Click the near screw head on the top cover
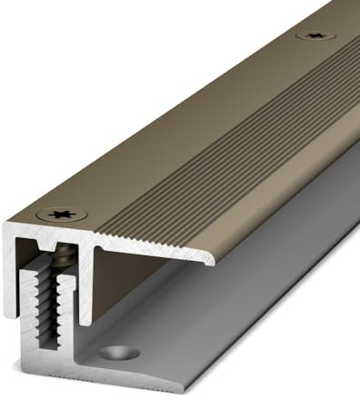62,215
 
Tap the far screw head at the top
315,36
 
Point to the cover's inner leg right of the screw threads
89,282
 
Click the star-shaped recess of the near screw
62,215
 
